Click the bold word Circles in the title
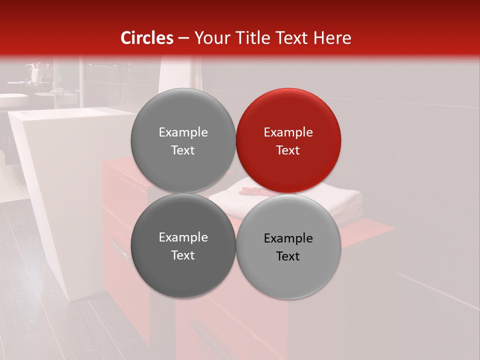pos(147,38)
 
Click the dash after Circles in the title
pos(183,38)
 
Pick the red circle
pos(288,140)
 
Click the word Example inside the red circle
pos(288,132)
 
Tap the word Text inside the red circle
pos(288,150)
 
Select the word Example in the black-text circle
pos(288,238)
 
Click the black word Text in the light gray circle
pos(288,256)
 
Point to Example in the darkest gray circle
pos(183,237)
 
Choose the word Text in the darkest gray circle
pos(183,255)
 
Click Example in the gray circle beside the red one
pos(183,132)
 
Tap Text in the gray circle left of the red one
pos(183,150)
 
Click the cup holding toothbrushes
pos(34,75)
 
